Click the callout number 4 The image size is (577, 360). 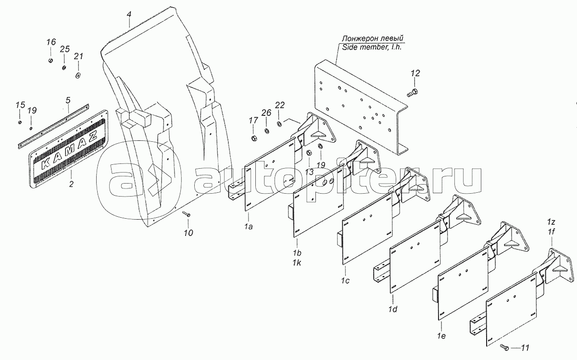click(x=129, y=15)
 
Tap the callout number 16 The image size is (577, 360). click(x=51, y=43)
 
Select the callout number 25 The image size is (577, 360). click(x=64, y=50)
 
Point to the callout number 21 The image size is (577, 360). click(x=78, y=56)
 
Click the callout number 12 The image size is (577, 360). click(x=415, y=73)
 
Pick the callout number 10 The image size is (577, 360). click(x=188, y=233)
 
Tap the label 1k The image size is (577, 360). click(x=298, y=263)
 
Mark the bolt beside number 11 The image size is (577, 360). click(x=504, y=346)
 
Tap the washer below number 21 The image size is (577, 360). click(x=78, y=76)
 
